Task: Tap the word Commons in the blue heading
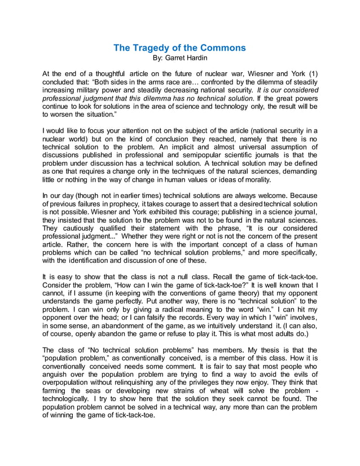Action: tap(224, 47)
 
